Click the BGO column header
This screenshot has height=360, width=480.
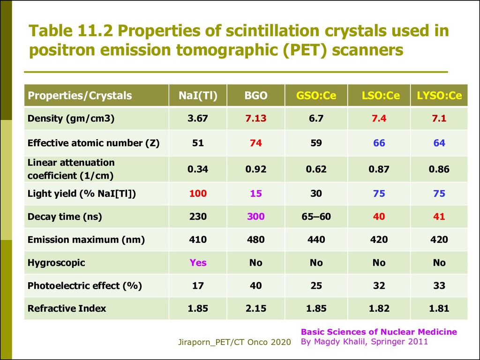coord(255,96)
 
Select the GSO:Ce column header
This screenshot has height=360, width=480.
coord(316,96)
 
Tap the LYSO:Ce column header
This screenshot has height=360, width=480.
coord(439,96)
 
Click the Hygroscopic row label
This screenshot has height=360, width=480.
coord(56,262)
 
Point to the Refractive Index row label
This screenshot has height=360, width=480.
coord(67,308)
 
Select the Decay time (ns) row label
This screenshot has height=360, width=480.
coord(65,217)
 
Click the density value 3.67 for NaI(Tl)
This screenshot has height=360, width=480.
coord(198,119)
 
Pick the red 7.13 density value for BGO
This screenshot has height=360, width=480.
coord(255,119)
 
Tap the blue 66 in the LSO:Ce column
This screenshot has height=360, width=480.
coord(379,143)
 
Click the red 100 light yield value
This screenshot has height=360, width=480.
coord(198,194)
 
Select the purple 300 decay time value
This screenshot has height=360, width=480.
coord(255,217)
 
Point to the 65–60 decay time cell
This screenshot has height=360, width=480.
coord(316,217)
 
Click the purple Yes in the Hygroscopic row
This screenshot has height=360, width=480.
coord(198,262)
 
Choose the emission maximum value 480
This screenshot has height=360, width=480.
coord(255,240)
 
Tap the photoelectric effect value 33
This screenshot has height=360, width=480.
coord(439,285)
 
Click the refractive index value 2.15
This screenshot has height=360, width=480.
coord(255,308)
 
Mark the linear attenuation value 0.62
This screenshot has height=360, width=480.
coord(316,169)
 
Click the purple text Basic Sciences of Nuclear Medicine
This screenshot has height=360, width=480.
coord(379,332)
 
